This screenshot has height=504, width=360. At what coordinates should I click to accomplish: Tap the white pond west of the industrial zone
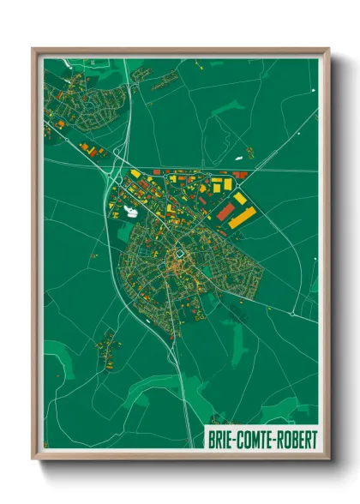130,208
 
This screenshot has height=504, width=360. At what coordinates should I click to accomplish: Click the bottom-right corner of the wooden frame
328,460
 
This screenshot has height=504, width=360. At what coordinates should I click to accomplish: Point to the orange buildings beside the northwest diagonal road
87,150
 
